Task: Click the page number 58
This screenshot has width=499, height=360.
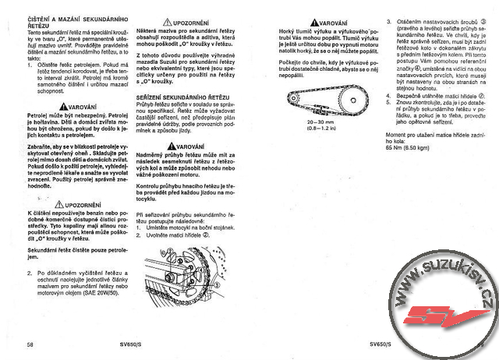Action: point(30,343)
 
